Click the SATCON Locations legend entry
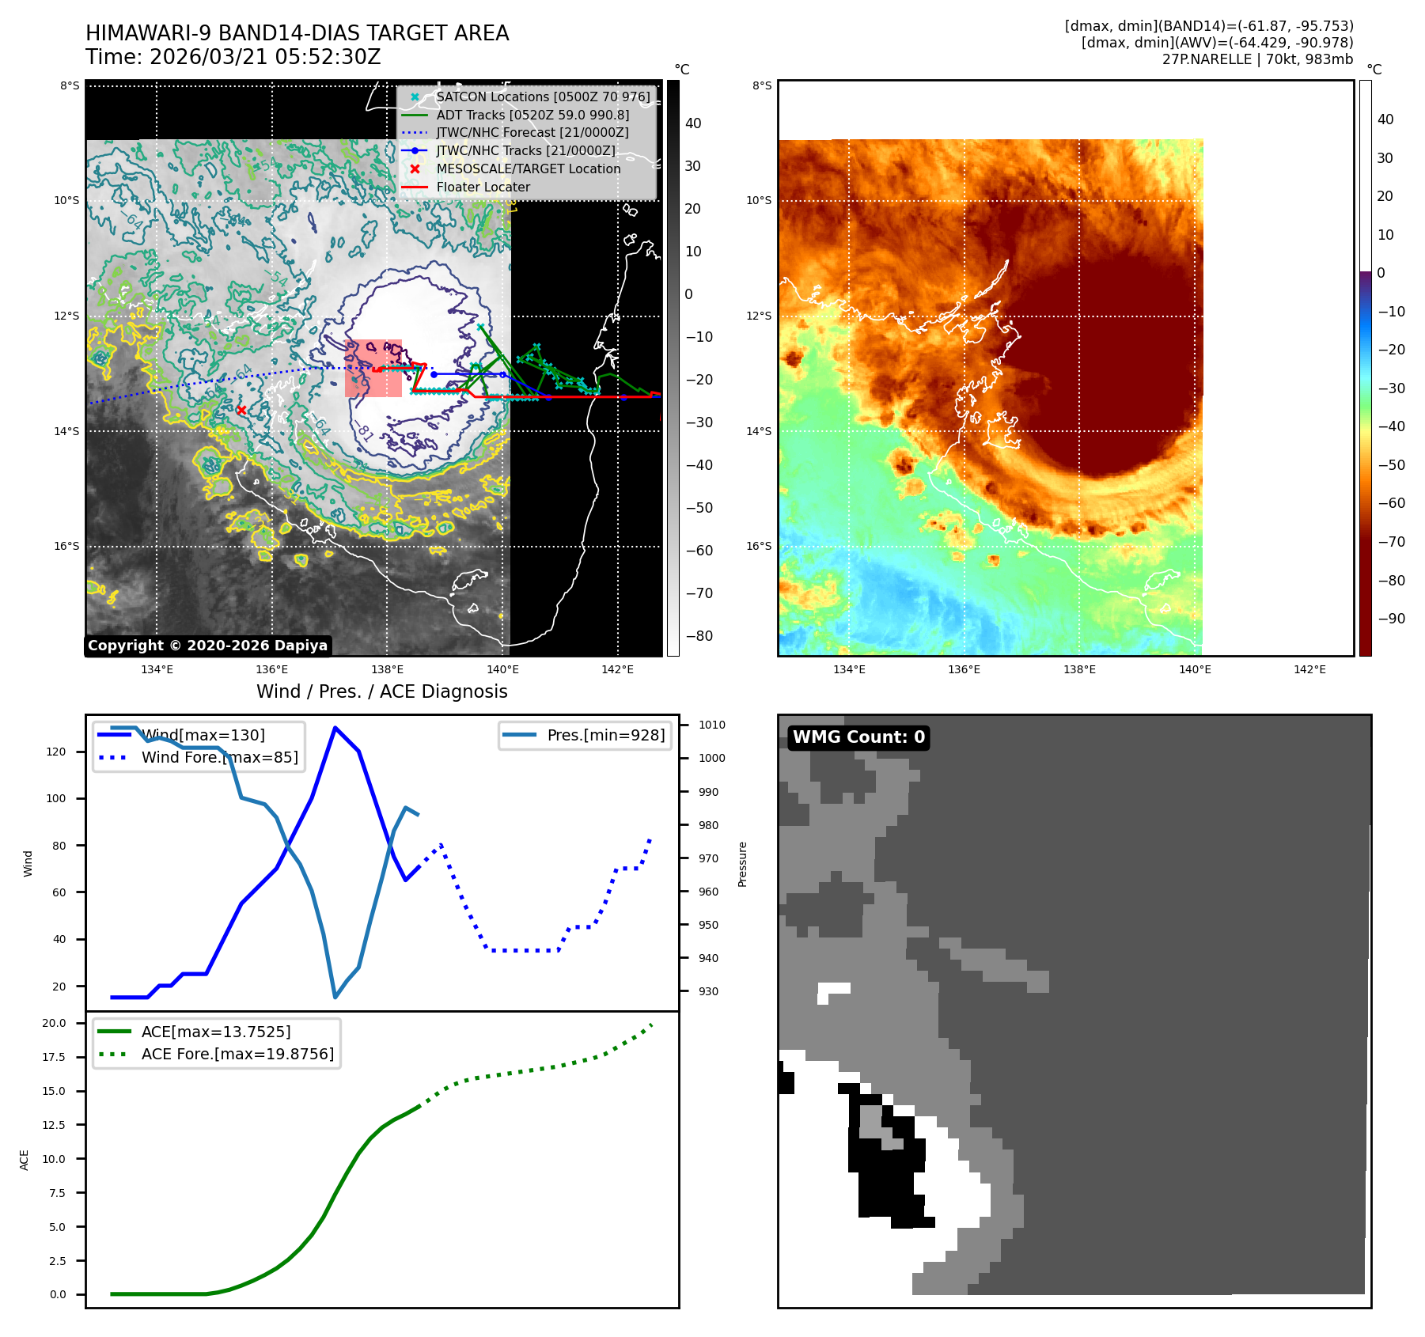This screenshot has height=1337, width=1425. (543, 97)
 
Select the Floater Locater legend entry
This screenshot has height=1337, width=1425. (483, 187)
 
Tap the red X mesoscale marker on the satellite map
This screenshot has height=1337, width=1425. (241, 410)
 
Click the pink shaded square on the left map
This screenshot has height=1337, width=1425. (373, 368)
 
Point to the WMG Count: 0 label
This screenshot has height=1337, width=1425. (858, 737)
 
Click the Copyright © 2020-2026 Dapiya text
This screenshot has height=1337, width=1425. (207, 646)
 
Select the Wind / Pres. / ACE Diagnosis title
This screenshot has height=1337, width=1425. (381, 692)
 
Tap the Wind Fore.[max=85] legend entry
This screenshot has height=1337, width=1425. (219, 757)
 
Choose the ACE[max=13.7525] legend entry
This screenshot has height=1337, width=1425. (215, 1032)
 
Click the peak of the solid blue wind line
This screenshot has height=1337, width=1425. (335, 727)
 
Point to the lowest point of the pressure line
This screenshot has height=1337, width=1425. (335, 997)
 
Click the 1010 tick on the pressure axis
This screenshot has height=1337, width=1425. (711, 725)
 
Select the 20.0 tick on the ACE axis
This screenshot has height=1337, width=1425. (55, 1023)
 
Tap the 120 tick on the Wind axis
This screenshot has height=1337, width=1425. (56, 752)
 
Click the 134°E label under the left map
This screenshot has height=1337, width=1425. (157, 670)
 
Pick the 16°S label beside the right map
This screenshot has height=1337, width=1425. (758, 546)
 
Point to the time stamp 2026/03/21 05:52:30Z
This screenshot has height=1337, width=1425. (265, 58)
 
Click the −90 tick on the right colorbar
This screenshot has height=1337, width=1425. (1391, 619)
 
